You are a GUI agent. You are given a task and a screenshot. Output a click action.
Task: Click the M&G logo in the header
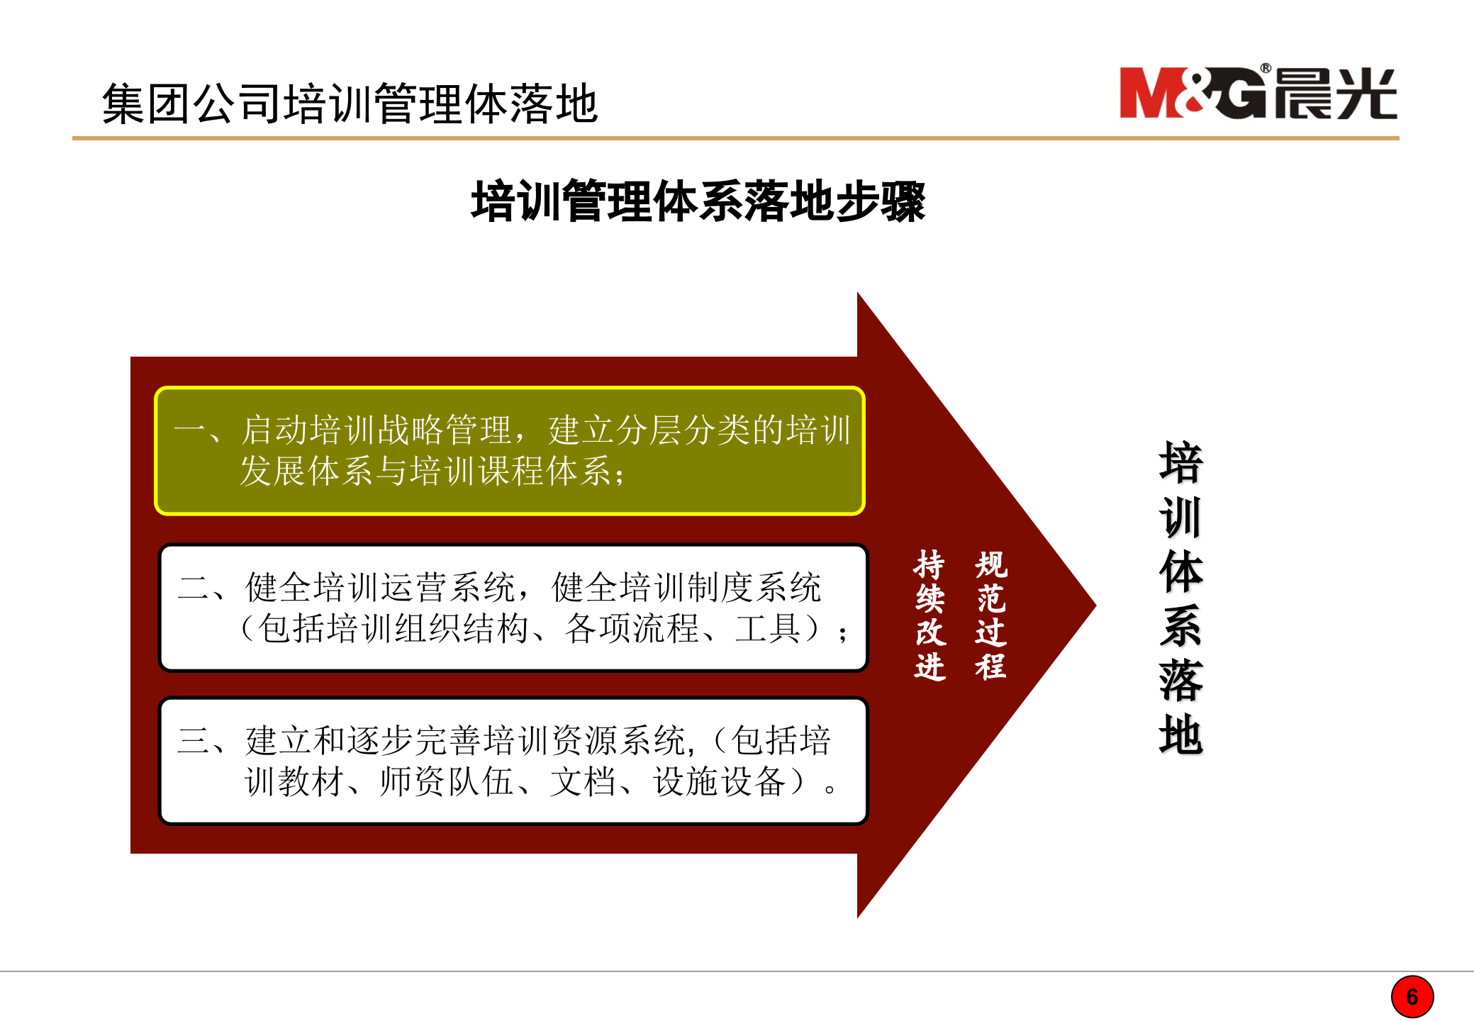(1257, 93)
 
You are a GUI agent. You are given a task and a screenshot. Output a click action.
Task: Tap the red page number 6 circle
(1412, 997)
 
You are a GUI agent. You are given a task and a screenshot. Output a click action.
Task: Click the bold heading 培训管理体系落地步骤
(698, 201)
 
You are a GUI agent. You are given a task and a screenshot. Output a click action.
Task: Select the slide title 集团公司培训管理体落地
(350, 104)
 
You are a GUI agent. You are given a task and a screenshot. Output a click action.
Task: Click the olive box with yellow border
(510, 451)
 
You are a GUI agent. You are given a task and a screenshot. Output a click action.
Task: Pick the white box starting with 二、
(513, 608)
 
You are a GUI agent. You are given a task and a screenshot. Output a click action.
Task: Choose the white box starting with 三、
(513, 761)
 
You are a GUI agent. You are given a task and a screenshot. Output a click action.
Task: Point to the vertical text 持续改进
(929, 615)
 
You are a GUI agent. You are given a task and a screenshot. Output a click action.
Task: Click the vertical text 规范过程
(990, 615)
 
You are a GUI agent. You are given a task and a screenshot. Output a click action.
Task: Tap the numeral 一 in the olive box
(189, 430)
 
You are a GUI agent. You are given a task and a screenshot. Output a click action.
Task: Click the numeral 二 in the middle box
(193, 588)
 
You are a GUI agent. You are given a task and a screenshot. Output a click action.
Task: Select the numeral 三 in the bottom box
(193, 741)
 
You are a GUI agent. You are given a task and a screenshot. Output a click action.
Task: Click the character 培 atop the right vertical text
(1180, 463)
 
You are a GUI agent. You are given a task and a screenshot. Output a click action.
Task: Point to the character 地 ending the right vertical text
(1180, 734)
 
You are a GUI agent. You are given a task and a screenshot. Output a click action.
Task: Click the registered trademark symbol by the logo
(1266, 69)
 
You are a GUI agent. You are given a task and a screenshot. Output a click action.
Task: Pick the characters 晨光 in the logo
(1335, 94)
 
